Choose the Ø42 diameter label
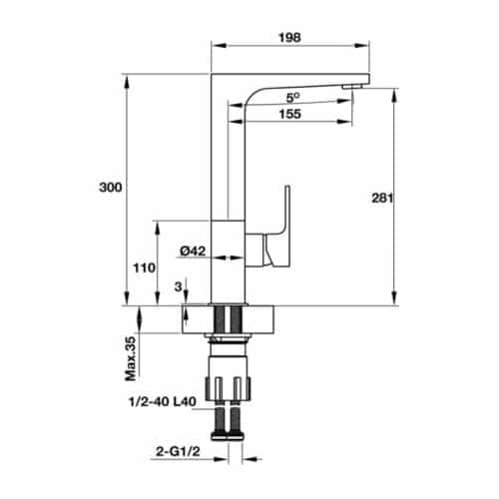[x=193, y=251]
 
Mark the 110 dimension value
[x=143, y=267]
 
